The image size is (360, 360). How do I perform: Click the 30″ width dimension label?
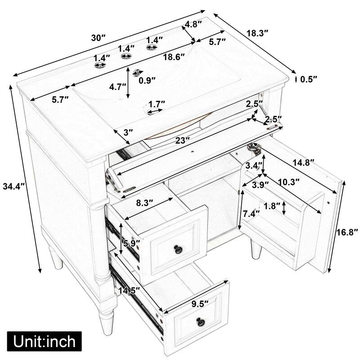98,38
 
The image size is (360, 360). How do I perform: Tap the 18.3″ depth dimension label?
258,32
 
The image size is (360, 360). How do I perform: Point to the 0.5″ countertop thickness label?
309,79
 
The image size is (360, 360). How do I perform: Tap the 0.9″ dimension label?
147,81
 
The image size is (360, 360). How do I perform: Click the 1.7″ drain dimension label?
157,103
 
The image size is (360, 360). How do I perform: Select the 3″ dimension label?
128,132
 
